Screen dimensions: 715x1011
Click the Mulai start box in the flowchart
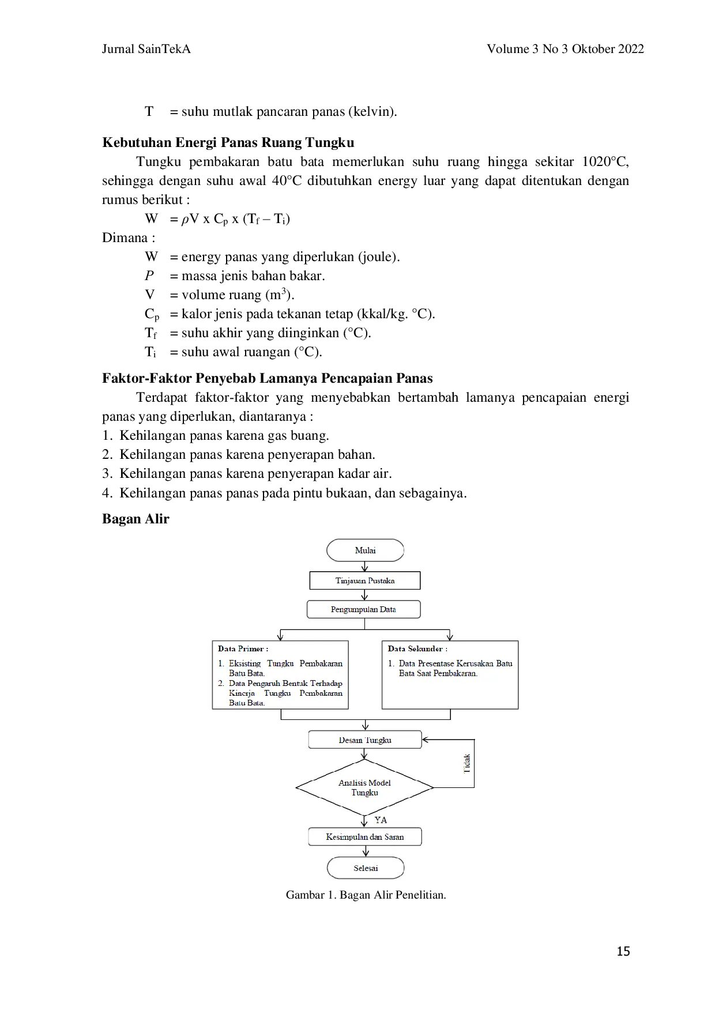click(x=365, y=550)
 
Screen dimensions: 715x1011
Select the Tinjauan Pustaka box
click(x=365, y=580)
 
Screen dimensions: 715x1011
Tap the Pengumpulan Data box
click(x=364, y=609)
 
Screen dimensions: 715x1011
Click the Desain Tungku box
click(x=365, y=740)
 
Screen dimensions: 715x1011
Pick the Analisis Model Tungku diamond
click(x=364, y=787)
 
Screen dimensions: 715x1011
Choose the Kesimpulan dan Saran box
click(x=365, y=836)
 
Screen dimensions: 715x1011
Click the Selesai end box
click(x=366, y=867)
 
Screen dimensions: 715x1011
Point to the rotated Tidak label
click(x=467, y=763)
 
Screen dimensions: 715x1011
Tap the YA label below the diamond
click(x=381, y=820)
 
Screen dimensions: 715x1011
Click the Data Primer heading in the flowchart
click(x=243, y=648)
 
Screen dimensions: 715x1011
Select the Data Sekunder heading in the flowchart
click(x=417, y=648)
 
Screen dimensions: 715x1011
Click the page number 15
click(x=623, y=951)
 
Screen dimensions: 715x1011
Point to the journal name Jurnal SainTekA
click(x=146, y=49)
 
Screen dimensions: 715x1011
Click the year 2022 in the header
click(x=631, y=49)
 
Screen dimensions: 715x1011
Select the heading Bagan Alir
click(x=136, y=519)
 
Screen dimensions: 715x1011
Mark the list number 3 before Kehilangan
click(x=107, y=474)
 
